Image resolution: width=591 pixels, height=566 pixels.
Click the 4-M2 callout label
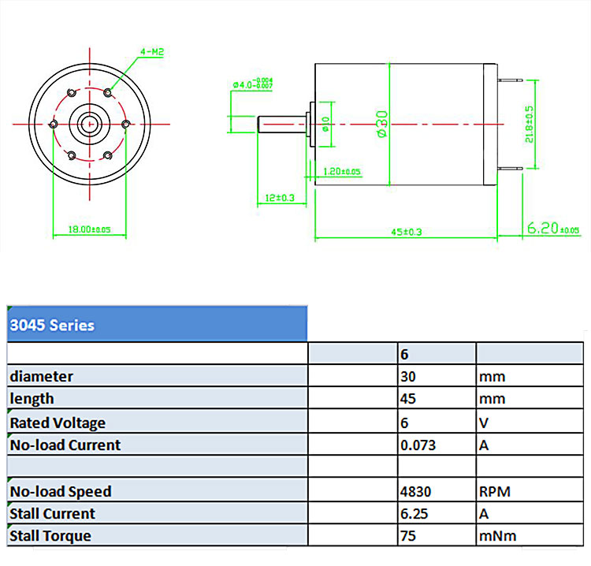(151, 52)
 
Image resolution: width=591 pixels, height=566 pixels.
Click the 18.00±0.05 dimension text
(89, 229)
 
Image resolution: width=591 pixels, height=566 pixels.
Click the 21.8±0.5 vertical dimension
(530, 123)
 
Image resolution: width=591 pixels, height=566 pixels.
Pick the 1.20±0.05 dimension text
(342, 171)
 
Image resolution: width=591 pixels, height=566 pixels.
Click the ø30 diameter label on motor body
(382, 125)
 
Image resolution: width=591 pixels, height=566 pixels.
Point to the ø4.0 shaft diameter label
(253, 82)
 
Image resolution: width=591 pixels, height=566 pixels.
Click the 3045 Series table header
(52, 325)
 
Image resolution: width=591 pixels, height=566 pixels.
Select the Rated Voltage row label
(58, 423)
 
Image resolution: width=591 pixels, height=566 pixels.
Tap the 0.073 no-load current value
(418, 445)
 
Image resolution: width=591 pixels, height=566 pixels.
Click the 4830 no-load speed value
(417, 491)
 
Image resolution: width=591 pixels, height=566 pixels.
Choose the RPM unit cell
(495, 491)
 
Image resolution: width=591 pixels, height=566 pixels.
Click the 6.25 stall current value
(414, 513)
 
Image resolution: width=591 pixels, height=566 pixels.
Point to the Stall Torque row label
(50, 536)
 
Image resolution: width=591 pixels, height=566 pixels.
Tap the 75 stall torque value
(408, 536)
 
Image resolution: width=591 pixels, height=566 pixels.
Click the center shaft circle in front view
(89, 123)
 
